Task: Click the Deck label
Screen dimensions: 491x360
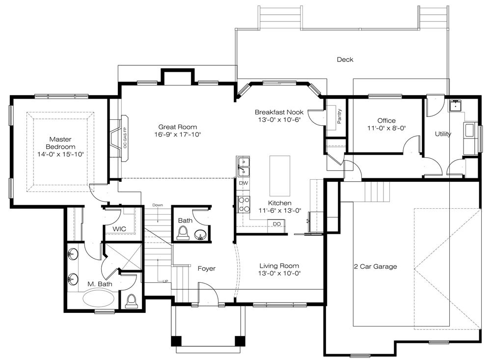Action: point(345,59)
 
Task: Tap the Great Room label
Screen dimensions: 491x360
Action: point(178,127)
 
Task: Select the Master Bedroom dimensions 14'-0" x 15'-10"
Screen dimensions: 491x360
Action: point(60,154)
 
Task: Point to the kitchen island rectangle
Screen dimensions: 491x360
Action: point(280,176)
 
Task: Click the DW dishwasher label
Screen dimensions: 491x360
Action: point(244,183)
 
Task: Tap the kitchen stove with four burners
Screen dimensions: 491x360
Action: point(244,204)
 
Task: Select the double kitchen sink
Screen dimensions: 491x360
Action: point(243,167)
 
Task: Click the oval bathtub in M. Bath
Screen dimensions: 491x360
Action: point(98,297)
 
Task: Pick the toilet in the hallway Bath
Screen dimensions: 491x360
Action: point(183,232)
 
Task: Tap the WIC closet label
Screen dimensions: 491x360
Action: point(119,229)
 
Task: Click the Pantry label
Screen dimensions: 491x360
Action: point(339,116)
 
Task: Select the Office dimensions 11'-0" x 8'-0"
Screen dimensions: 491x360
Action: point(386,128)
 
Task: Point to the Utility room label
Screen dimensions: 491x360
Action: point(443,134)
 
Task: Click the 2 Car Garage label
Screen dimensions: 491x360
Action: point(376,267)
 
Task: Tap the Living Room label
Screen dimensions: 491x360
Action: point(279,266)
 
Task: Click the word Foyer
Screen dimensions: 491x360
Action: point(207,269)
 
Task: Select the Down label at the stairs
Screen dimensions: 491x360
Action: point(158,205)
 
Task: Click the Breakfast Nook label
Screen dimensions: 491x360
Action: point(279,112)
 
